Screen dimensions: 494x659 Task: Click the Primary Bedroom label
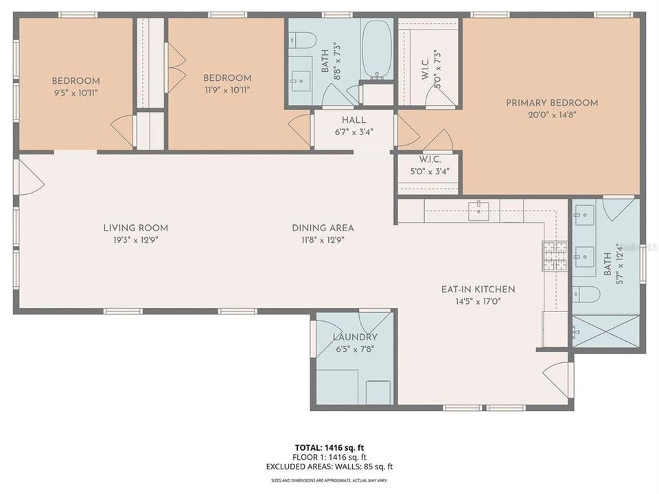(x=552, y=103)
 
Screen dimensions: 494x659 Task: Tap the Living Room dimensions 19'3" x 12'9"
(x=135, y=240)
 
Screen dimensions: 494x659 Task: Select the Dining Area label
(x=323, y=228)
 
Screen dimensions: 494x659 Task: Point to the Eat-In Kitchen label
(x=478, y=290)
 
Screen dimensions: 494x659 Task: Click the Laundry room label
(x=355, y=337)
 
